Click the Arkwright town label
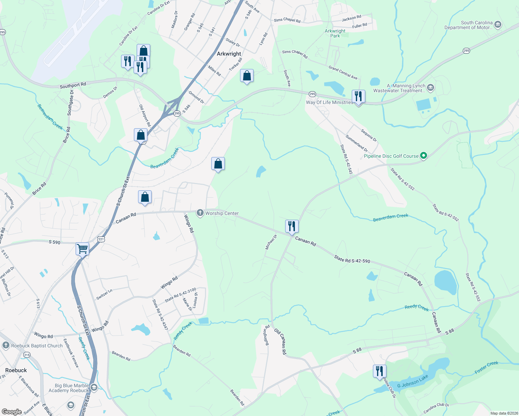point(229,54)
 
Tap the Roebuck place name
point(16,370)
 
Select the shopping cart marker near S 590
point(82,249)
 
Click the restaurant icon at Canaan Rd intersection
point(292,226)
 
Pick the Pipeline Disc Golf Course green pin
point(423,156)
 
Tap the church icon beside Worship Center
point(200,213)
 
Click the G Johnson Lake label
point(412,382)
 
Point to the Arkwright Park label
point(335,33)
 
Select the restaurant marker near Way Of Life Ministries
point(358,96)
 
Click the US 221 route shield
point(101,239)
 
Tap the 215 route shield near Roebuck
point(27,355)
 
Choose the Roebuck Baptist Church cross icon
point(6,345)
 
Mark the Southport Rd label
point(73,85)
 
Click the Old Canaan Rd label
point(280,342)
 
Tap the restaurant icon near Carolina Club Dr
point(380,371)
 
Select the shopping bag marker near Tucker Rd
point(247,76)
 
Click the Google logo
point(12,412)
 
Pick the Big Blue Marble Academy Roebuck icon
point(94,388)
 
